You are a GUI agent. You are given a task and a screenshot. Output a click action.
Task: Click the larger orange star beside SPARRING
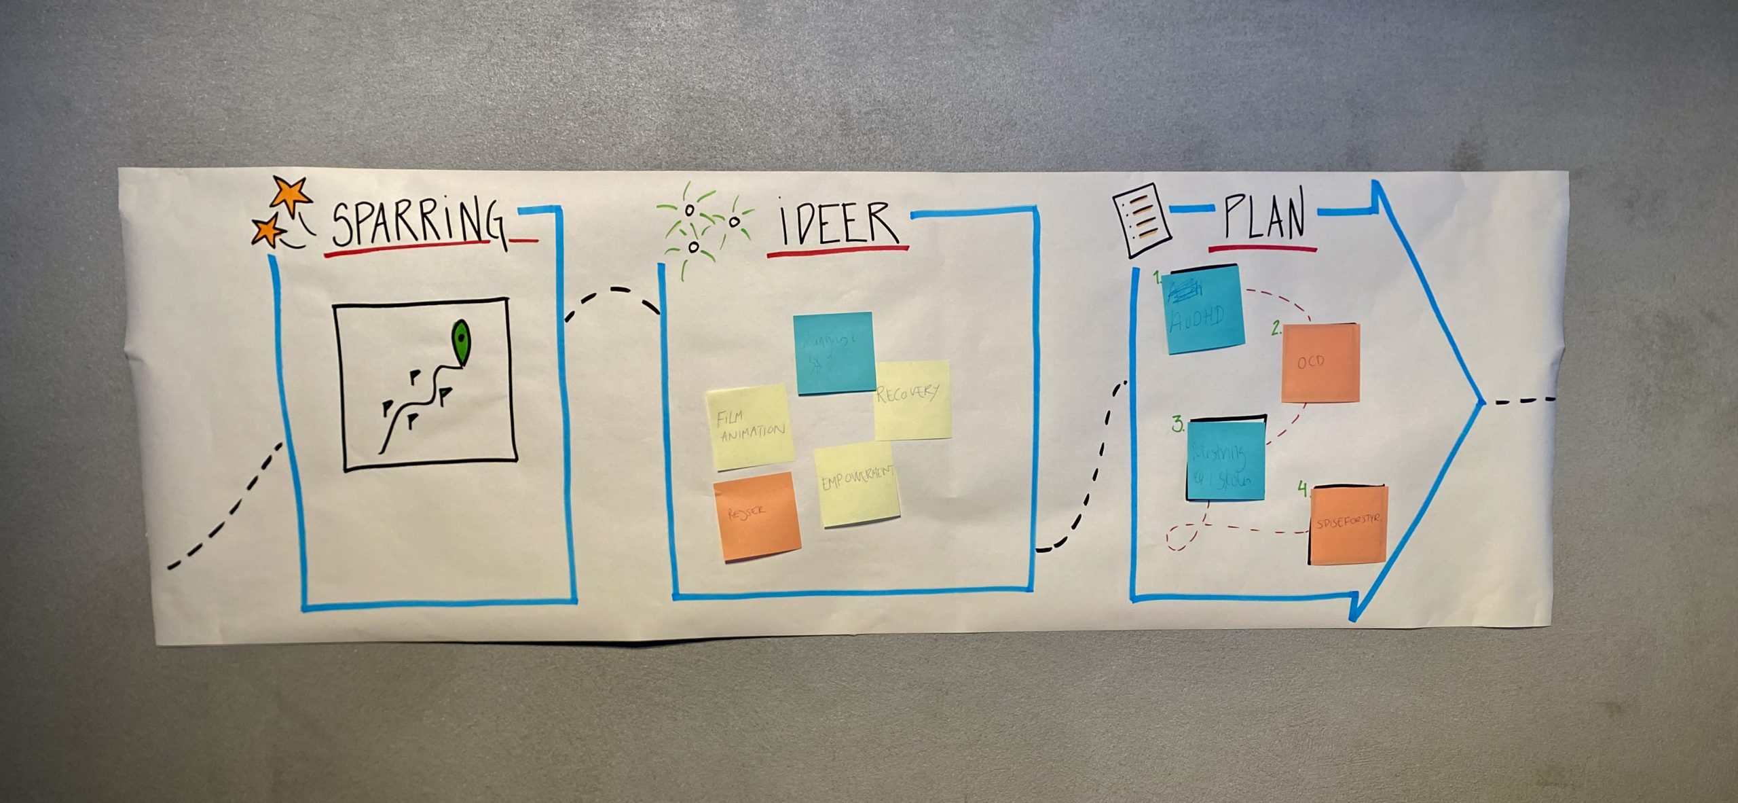coord(291,194)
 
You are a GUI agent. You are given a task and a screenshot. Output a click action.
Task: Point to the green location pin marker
coord(461,342)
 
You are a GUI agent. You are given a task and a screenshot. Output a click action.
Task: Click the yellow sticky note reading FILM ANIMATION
coord(750,426)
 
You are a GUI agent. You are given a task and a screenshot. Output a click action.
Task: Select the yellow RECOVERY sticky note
coord(912,399)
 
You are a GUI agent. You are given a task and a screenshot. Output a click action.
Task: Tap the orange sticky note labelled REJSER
coord(756,516)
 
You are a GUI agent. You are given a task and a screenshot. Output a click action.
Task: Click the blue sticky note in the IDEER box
coord(834,353)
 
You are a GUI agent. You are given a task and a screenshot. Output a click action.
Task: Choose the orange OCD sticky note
coord(1320,363)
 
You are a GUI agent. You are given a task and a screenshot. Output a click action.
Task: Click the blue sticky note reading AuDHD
coord(1204,309)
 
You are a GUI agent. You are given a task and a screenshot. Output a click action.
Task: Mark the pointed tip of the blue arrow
coord(1483,401)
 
